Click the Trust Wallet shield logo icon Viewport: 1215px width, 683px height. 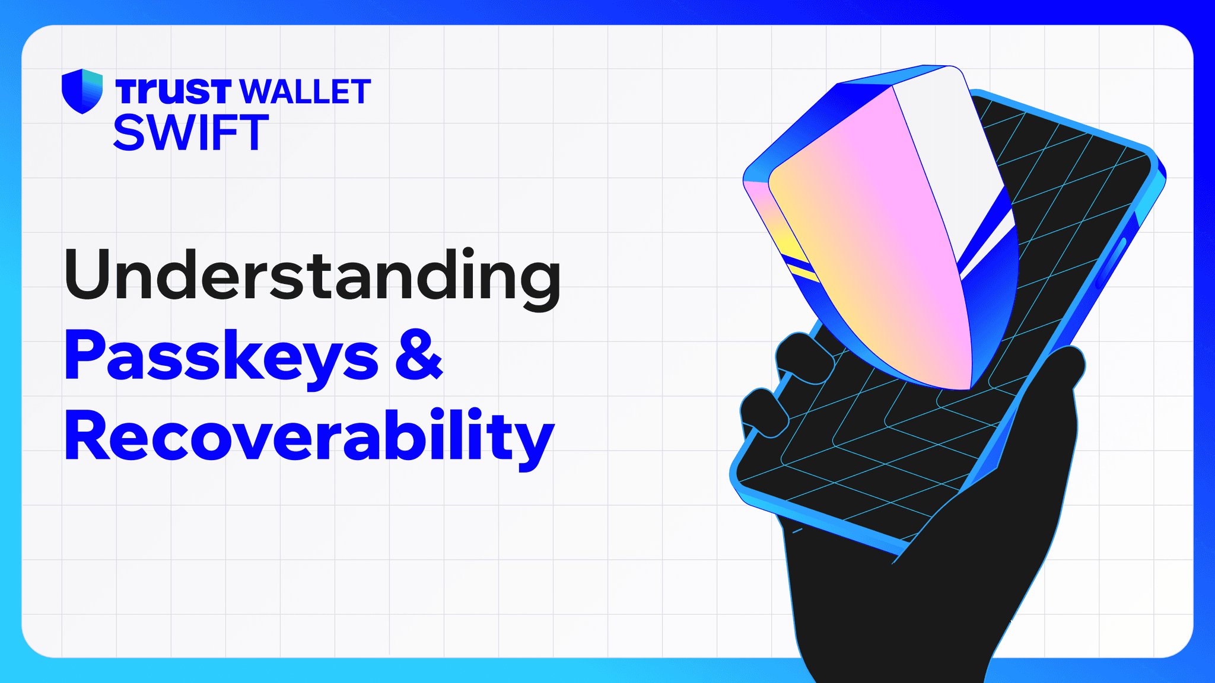(x=82, y=91)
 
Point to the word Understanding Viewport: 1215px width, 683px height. (x=312, y=276)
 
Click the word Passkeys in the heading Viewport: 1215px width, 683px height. (x=221, y=355)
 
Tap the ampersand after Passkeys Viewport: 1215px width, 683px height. (x=419, y=355)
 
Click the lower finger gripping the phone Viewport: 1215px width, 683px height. (x=764, y=412)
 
